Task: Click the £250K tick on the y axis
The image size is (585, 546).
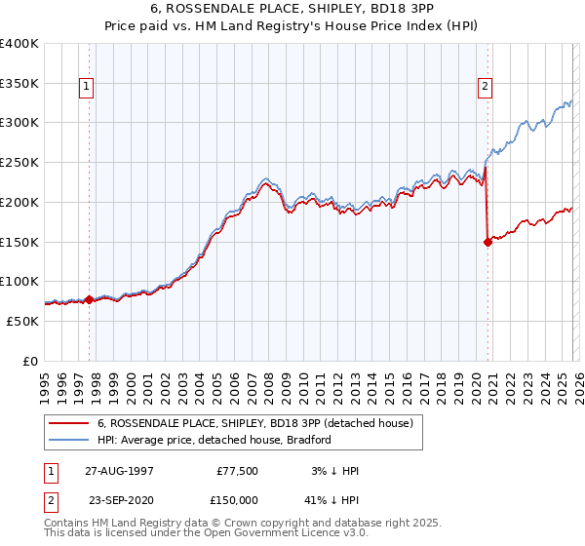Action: click(x=19, y=163)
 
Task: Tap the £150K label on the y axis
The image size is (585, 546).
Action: click(x=19, y=242)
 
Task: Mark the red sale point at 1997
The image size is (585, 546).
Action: click(x=90, y=299)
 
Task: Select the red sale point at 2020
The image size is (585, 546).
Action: click(x=487, y=244)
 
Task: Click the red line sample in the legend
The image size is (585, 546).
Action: click(x=69, y=423)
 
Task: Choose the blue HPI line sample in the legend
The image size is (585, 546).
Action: click(x=69, y=440)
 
